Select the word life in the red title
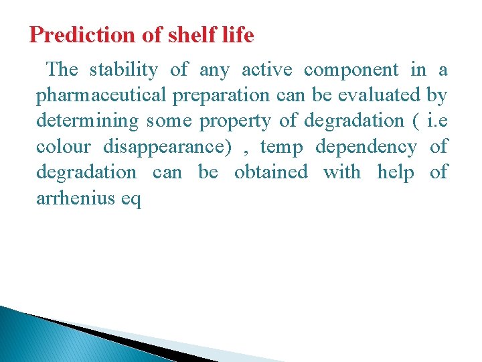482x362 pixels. [238, 35]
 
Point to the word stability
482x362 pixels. [124, 70]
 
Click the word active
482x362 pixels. [266, 70]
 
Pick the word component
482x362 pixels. [351, 70]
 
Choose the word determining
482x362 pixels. [87, 121]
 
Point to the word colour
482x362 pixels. [63, 147]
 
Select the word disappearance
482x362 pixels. [172, 147]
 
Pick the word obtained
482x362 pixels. [270, 172]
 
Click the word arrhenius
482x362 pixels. [73, 198]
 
